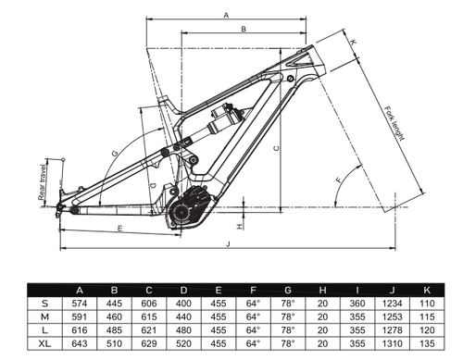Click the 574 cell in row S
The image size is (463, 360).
[x=80, y=304]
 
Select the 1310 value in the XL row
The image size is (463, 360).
[x=392, y=343]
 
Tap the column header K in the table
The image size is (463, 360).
[x=427, y=290]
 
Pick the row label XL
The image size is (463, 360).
[x=44, y=343]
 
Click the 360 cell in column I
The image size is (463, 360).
[x=357, y=304]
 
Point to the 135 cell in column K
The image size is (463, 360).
[x=427, y=343]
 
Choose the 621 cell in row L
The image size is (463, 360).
[x=149, y=330]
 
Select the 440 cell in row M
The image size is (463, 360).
[x=183, y=317]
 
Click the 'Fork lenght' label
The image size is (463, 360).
[x=394, y=123]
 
